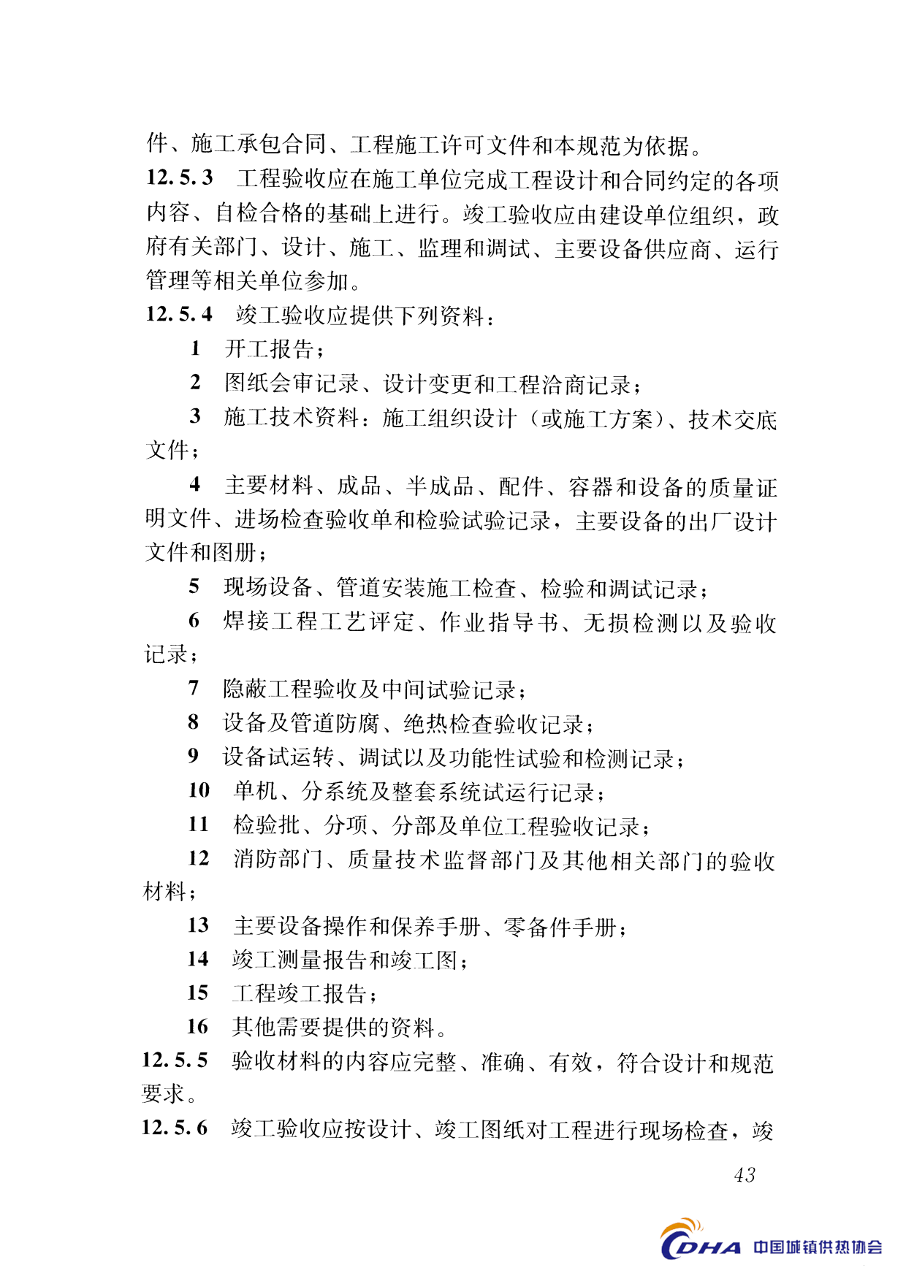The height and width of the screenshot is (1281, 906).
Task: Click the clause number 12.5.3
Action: coord(179,177)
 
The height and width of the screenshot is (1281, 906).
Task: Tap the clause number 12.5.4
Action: coord(179,314)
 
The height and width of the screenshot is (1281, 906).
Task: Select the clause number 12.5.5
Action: coord(175,1060)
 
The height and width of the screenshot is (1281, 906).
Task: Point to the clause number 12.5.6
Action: coord(175,1128)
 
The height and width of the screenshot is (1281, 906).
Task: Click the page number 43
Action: coord(744,1174)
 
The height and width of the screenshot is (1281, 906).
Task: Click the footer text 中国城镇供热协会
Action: coord(818,1247)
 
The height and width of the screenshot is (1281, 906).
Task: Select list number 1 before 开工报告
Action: coord(195,348)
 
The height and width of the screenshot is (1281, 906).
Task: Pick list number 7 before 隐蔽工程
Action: coord(194,688)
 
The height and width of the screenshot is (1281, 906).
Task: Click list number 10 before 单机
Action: coord(199,790)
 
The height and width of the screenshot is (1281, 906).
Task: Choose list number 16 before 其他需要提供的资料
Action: coord(197,1026)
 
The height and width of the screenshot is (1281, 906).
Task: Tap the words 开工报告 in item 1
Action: coord(269,349)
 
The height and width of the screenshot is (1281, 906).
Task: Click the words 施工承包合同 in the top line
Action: coord(259,145)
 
